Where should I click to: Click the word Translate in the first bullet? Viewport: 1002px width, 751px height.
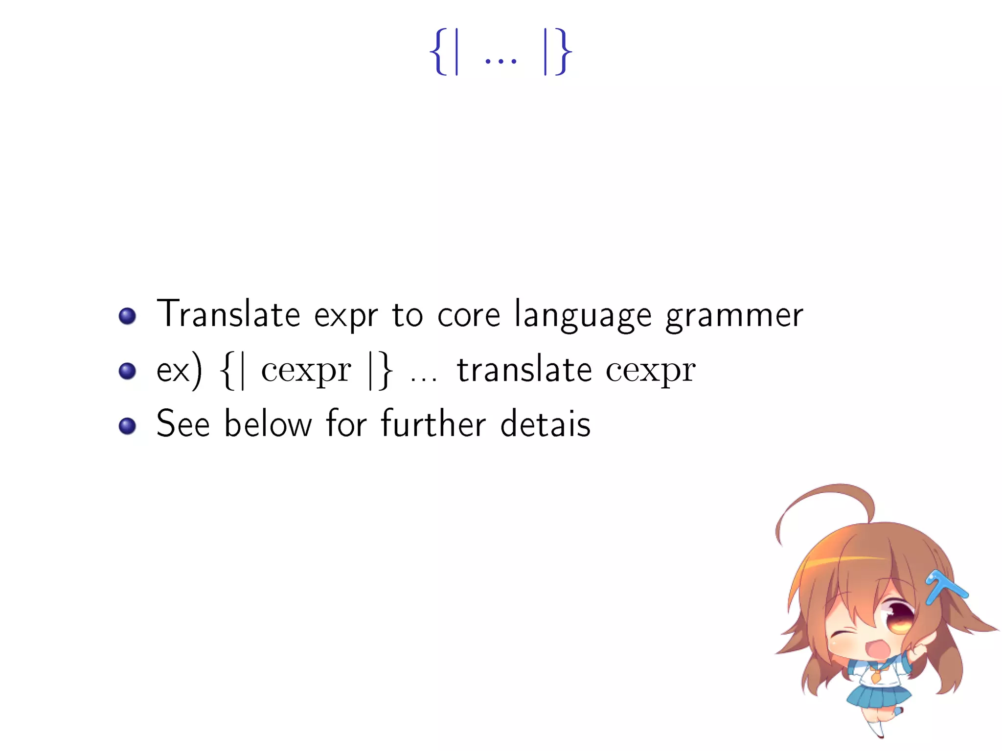click(x=228, y=314)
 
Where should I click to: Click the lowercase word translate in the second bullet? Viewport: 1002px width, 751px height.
click(x=524, y=370)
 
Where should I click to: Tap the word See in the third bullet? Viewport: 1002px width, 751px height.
click(x=183, y=424)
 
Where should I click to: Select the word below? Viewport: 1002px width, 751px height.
click(x=268, y=424)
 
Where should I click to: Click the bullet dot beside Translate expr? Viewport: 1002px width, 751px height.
click(x=127, y=316)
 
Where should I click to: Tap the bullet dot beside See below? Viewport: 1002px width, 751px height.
click(x=127, y=426)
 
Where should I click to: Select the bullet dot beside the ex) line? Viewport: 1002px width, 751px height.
click(x=127, y=371)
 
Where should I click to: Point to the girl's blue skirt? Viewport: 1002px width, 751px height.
click(x=878, y=697)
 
